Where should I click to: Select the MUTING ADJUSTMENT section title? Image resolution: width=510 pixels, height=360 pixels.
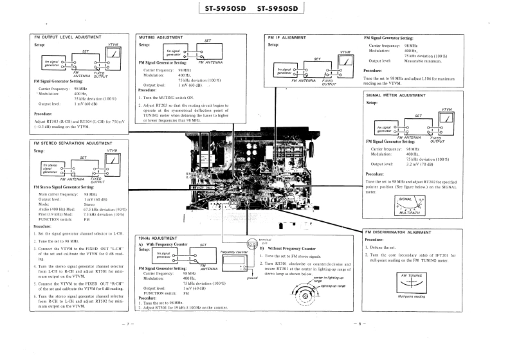161,38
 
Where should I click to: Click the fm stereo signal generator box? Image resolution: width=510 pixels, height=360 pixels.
51,168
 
